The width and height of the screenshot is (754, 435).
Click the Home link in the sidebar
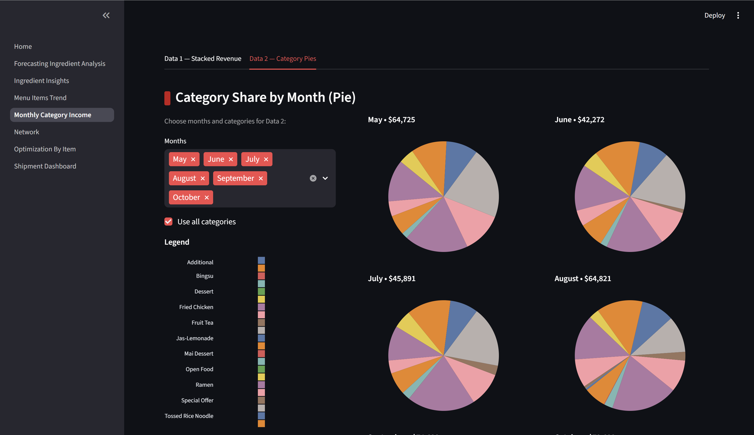tap(23, 46)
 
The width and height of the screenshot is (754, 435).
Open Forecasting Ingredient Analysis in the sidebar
tap(59, 63)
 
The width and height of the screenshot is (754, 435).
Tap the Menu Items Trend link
tap(40, 98)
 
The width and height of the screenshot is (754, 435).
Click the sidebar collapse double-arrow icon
tap(106, 15)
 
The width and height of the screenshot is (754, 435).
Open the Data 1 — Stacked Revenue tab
tap(203, 59)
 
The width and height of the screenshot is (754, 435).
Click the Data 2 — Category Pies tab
tap(282, 59)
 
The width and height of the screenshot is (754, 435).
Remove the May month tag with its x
tap(193, 159)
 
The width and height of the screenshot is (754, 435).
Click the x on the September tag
tap(261, 178)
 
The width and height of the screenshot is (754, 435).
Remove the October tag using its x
tap(207, 197)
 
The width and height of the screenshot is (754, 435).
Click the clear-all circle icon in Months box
tap(313, 178)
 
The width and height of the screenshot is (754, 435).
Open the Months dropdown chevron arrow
tap(325, 178)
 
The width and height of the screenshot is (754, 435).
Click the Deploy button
tap(714, 15)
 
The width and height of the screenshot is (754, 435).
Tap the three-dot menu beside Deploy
tap(738, 15)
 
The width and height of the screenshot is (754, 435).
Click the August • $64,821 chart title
tap(582, 278)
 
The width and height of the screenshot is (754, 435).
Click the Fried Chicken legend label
tap(196, 307)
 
